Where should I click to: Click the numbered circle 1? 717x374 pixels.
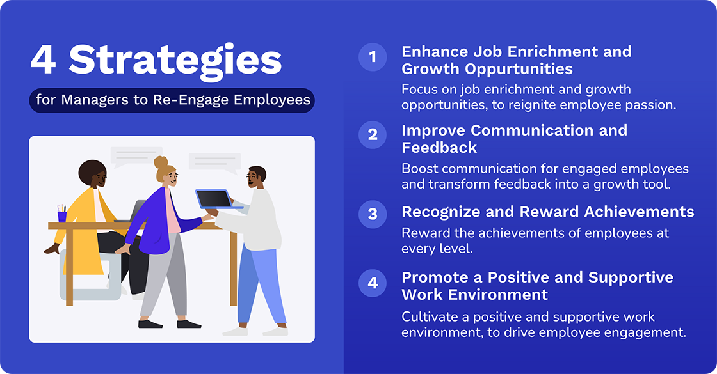pos(373,58)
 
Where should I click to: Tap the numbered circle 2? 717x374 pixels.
pos(373,136)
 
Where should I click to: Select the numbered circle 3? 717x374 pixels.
pos(373,214)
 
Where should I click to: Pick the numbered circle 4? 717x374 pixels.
pos(373,283)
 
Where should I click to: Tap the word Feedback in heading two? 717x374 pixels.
pos(439,148)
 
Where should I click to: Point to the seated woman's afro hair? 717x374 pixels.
pos(93,173)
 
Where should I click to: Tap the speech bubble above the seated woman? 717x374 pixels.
pos(136,155)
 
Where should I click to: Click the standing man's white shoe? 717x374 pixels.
pos(235,331)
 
